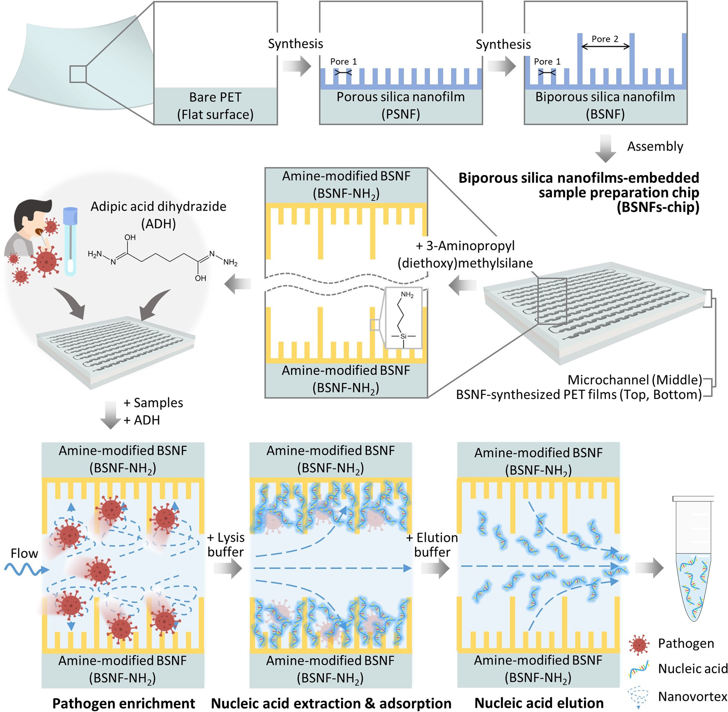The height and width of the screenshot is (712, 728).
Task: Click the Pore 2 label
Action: click(605, 39)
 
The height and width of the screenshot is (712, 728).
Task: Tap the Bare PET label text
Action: click(215, 97)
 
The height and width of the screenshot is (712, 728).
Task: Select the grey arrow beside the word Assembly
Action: click(605, 148)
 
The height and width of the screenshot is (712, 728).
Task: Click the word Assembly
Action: click(655, 146)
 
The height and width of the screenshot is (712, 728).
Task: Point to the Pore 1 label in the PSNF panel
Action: click(343, 62)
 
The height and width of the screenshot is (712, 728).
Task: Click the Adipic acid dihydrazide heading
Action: click(158, 206)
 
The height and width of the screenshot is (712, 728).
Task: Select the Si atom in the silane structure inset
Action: click(403, 336)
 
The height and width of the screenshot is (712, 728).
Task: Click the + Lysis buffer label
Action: click(226, 545)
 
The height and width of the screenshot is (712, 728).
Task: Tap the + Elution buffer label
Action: click(432, 545)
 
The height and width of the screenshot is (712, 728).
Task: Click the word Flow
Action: click(24, 553)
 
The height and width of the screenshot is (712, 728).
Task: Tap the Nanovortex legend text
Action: click(692, 697)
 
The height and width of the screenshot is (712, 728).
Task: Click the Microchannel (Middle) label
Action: click(634, 380)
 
